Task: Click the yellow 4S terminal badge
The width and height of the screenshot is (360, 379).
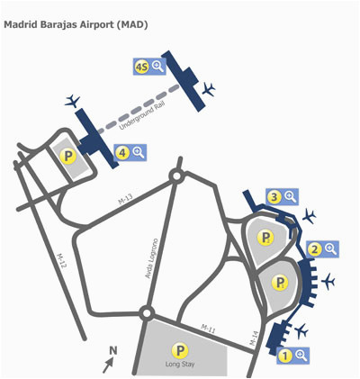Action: point(141,67)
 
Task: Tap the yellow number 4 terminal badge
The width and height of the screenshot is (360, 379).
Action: point(122,153)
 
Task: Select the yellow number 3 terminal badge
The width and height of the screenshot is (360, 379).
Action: point(274,197)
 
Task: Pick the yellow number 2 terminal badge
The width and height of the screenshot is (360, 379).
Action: point(315,249)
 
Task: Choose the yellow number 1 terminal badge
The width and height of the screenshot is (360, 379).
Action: point(285,356)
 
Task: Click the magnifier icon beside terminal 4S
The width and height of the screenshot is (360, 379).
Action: point(157,66)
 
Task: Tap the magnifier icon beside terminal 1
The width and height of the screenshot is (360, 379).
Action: point(301,356)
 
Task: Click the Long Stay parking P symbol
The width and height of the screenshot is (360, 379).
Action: point(180,350)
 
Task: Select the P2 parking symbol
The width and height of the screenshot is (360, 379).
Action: point(265,238)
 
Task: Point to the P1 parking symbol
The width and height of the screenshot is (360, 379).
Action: point(280,283)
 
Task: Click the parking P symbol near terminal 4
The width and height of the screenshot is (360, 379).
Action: point(68,156)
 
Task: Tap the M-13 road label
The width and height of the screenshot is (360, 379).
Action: point(125,199)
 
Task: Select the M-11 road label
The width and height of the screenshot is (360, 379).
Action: point(208,328)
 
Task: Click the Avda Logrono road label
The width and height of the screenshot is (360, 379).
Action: point(152,258)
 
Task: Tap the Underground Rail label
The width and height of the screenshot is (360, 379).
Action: point(139,117)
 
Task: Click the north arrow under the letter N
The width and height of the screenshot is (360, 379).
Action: point(108,365)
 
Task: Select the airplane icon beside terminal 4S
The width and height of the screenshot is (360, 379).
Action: point(209,89)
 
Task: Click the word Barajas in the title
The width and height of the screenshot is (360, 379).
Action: point(58,24)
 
